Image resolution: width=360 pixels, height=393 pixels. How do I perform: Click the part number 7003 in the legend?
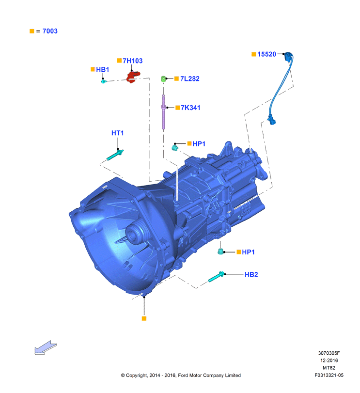point(50,31)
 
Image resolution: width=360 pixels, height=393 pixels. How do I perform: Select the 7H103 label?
point(133,61)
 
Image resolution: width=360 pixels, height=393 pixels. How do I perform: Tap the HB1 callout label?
point(102,69)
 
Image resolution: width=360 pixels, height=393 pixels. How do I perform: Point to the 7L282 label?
point(190,79)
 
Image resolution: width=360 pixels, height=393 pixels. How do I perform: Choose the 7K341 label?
point(190,108)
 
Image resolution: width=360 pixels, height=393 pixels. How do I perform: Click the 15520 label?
point(266,54)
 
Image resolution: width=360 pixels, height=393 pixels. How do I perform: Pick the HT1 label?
point(117,133)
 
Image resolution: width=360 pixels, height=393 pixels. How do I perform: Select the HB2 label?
point(251,274)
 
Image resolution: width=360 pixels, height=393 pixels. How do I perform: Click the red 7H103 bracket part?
point(133,77)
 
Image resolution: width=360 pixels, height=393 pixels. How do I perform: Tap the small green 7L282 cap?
point(163,79)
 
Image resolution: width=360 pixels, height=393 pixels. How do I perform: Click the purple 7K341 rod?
point(164,112)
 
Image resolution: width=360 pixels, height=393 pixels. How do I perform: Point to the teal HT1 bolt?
point(115,155)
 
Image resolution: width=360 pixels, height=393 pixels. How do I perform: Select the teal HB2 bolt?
point(216,277)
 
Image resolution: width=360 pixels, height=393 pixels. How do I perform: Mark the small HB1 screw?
point(104,81)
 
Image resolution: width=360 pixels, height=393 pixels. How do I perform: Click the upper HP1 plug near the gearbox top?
point(175,148)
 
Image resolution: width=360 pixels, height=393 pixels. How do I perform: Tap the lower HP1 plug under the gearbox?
point(220,252)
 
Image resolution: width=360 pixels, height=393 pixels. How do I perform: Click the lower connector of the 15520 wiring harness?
point(272,120)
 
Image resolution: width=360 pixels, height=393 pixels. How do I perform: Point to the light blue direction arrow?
point(46,347)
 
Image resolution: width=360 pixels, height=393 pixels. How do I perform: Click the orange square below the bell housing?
point(144,318)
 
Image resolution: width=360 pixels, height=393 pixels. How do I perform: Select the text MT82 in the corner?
point(329,368)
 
